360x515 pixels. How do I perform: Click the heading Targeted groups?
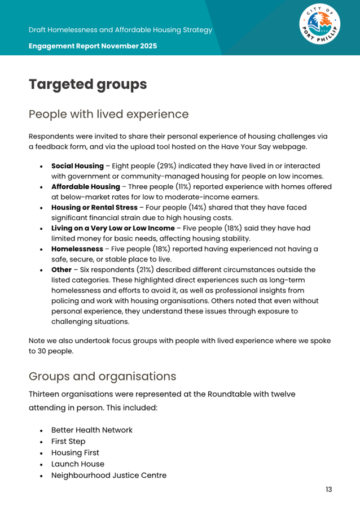coord(87,84)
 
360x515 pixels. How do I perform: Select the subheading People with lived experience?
coord(108,114)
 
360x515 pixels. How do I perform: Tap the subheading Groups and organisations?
coord(102,376)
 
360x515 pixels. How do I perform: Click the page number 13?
coord(328,489)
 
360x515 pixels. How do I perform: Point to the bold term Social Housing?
coord(77,166)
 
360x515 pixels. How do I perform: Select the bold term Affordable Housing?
coord(85,186)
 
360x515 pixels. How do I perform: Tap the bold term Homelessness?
coord(77,248)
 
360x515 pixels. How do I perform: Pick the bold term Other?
coord(62,269)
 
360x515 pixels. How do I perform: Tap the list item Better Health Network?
coord(92,430)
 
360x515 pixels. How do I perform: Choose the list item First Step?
coord(68,441)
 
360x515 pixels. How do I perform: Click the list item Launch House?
coord(78,464)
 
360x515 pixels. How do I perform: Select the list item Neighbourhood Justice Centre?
coord(109,475)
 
